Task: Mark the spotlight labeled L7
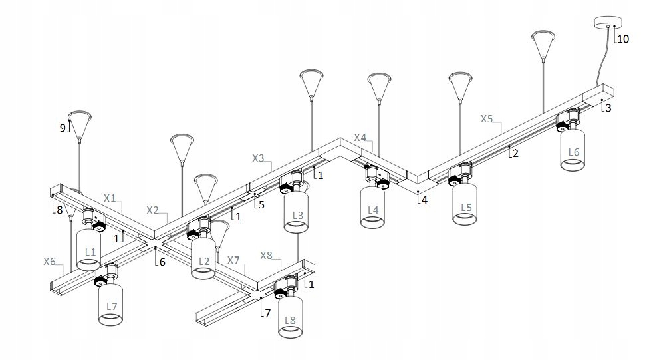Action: point(111,304)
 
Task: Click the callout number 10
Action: point(623,39)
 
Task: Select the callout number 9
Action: point(63,128)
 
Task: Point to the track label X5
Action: point(487,119)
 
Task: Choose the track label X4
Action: point(360,137)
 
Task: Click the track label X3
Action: point(259,158)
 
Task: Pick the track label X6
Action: point(49,262)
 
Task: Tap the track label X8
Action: point(266,255)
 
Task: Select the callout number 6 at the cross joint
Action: point(161,262)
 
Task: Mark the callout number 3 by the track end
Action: point(607,107)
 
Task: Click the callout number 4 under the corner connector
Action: point(422,200)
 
